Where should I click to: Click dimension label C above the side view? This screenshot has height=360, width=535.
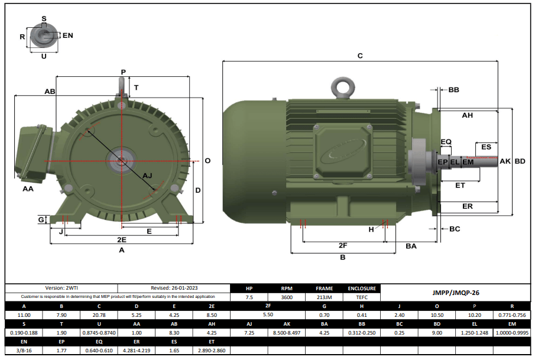point(360,56)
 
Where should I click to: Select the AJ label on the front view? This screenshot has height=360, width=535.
point(148,176)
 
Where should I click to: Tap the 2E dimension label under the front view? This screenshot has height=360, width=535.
point(121,240)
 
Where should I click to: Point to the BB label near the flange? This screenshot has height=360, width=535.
point(453,90)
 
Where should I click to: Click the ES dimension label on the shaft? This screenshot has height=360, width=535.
point(486,147)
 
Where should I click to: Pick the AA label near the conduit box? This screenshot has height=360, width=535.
point(28,189)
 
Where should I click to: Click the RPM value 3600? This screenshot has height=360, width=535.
point(286,298)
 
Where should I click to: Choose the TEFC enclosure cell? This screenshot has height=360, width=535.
point(362,298)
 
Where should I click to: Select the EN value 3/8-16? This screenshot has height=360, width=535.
point(24,351)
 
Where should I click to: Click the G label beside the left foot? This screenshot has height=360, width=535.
point(41,220)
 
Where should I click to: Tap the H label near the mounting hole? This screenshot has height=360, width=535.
point(371,229)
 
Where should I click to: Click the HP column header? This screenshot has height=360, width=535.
point(249,289)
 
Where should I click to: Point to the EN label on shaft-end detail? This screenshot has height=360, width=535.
point(67,35)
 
